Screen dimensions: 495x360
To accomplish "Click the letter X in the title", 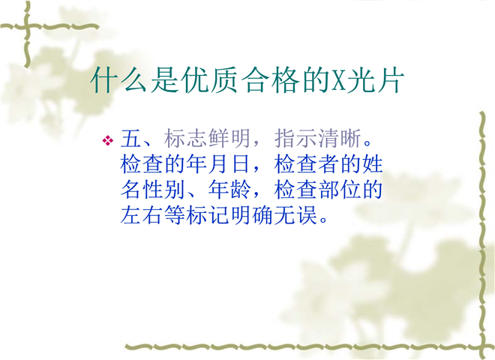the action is coord(338,80).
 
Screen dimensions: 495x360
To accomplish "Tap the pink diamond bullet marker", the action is coord(108,140).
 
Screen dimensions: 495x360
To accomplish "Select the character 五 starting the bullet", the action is coord(130,138).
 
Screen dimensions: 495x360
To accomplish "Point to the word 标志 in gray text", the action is coord(185,138).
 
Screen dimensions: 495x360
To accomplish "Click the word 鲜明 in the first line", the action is coord(229,138).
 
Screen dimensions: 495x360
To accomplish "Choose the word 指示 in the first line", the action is coord(295,138).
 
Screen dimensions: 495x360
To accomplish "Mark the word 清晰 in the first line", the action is coord(340,138).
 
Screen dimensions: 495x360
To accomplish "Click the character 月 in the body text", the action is coord(218,164).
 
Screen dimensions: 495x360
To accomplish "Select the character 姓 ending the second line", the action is coord(373,164).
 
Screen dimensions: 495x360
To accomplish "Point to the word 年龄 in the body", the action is coord(229,190).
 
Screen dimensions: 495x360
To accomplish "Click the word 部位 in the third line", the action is coord(340,190).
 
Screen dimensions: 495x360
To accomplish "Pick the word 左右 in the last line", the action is coord(142,215).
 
